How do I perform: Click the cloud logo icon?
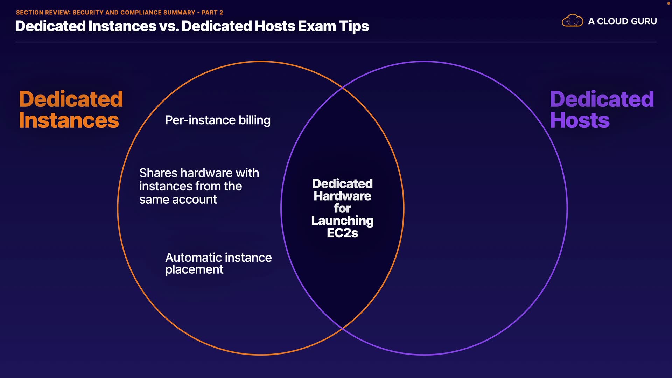(572, 21)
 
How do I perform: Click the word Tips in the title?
(354, 26)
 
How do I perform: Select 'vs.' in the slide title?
(169, 26)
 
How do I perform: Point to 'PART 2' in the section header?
(212, 13)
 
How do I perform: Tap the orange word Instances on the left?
(69, 120)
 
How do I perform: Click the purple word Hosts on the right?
(580, 120)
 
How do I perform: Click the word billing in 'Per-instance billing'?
(254, 120)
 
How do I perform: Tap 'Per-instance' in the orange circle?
(200, 120)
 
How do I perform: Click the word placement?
(194, 270)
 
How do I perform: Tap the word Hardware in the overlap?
(342, 196)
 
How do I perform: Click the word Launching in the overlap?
(342, 221)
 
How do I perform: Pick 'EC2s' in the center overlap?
(342, 233)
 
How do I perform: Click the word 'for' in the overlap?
(342, 209)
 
